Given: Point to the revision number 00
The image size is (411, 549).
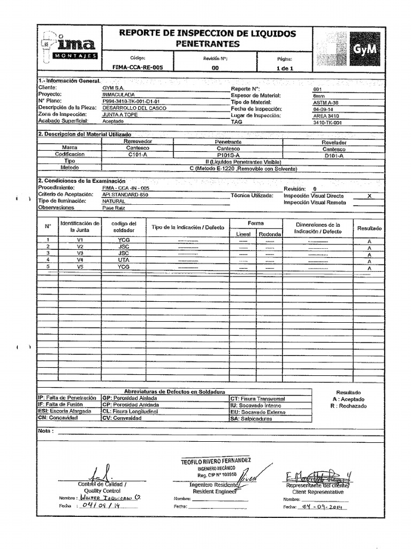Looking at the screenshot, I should (215, 68).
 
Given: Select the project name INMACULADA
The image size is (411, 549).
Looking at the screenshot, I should (118, 94).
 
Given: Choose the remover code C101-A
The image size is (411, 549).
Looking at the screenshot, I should (138, 154).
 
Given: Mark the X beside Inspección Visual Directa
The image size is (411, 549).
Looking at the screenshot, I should (369, 196).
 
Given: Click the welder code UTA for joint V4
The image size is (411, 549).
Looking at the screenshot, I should (124, 259).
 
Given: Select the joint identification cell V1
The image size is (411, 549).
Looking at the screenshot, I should (80, 240).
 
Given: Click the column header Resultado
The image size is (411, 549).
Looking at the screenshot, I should (369, 228).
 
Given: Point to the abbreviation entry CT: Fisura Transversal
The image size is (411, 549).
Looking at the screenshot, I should (258, 399).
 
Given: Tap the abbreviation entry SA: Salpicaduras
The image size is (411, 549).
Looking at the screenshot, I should (251, 419).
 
